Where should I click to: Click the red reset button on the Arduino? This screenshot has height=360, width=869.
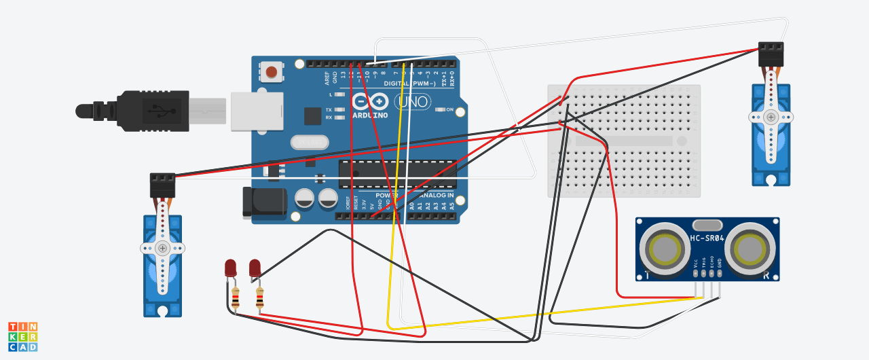(272, 71)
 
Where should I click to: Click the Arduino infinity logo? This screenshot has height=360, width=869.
(370, 102)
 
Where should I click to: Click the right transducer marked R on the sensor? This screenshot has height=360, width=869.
(750, 249)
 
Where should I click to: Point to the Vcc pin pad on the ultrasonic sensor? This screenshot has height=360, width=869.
(696, 273)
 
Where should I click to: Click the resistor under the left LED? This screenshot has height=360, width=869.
(236, 298)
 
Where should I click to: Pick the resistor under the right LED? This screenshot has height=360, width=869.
(260, 298)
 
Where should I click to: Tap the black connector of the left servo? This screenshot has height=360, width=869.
(162, 185)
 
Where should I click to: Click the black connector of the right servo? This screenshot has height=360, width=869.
(771, 54)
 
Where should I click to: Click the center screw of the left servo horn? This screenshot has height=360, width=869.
(162, 249)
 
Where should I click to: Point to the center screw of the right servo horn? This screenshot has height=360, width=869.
(771, 117)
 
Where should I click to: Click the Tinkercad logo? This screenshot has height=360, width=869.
(22, 337)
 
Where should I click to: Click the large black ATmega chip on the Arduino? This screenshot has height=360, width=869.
(397, 174)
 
